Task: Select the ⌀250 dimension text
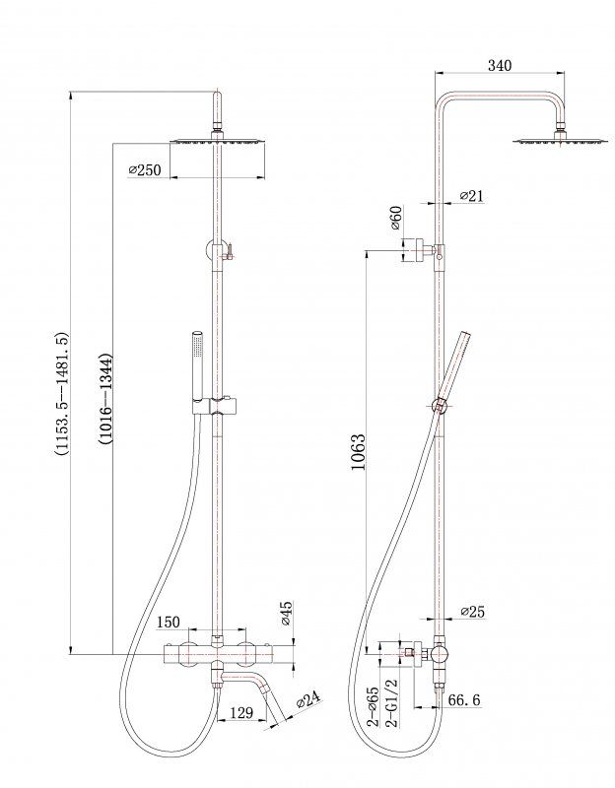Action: [x=145, y=170]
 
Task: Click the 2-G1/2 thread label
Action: [x=391, y=702]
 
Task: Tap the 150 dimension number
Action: [x=169, y=622]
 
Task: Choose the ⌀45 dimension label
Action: [x=283, y=614]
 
